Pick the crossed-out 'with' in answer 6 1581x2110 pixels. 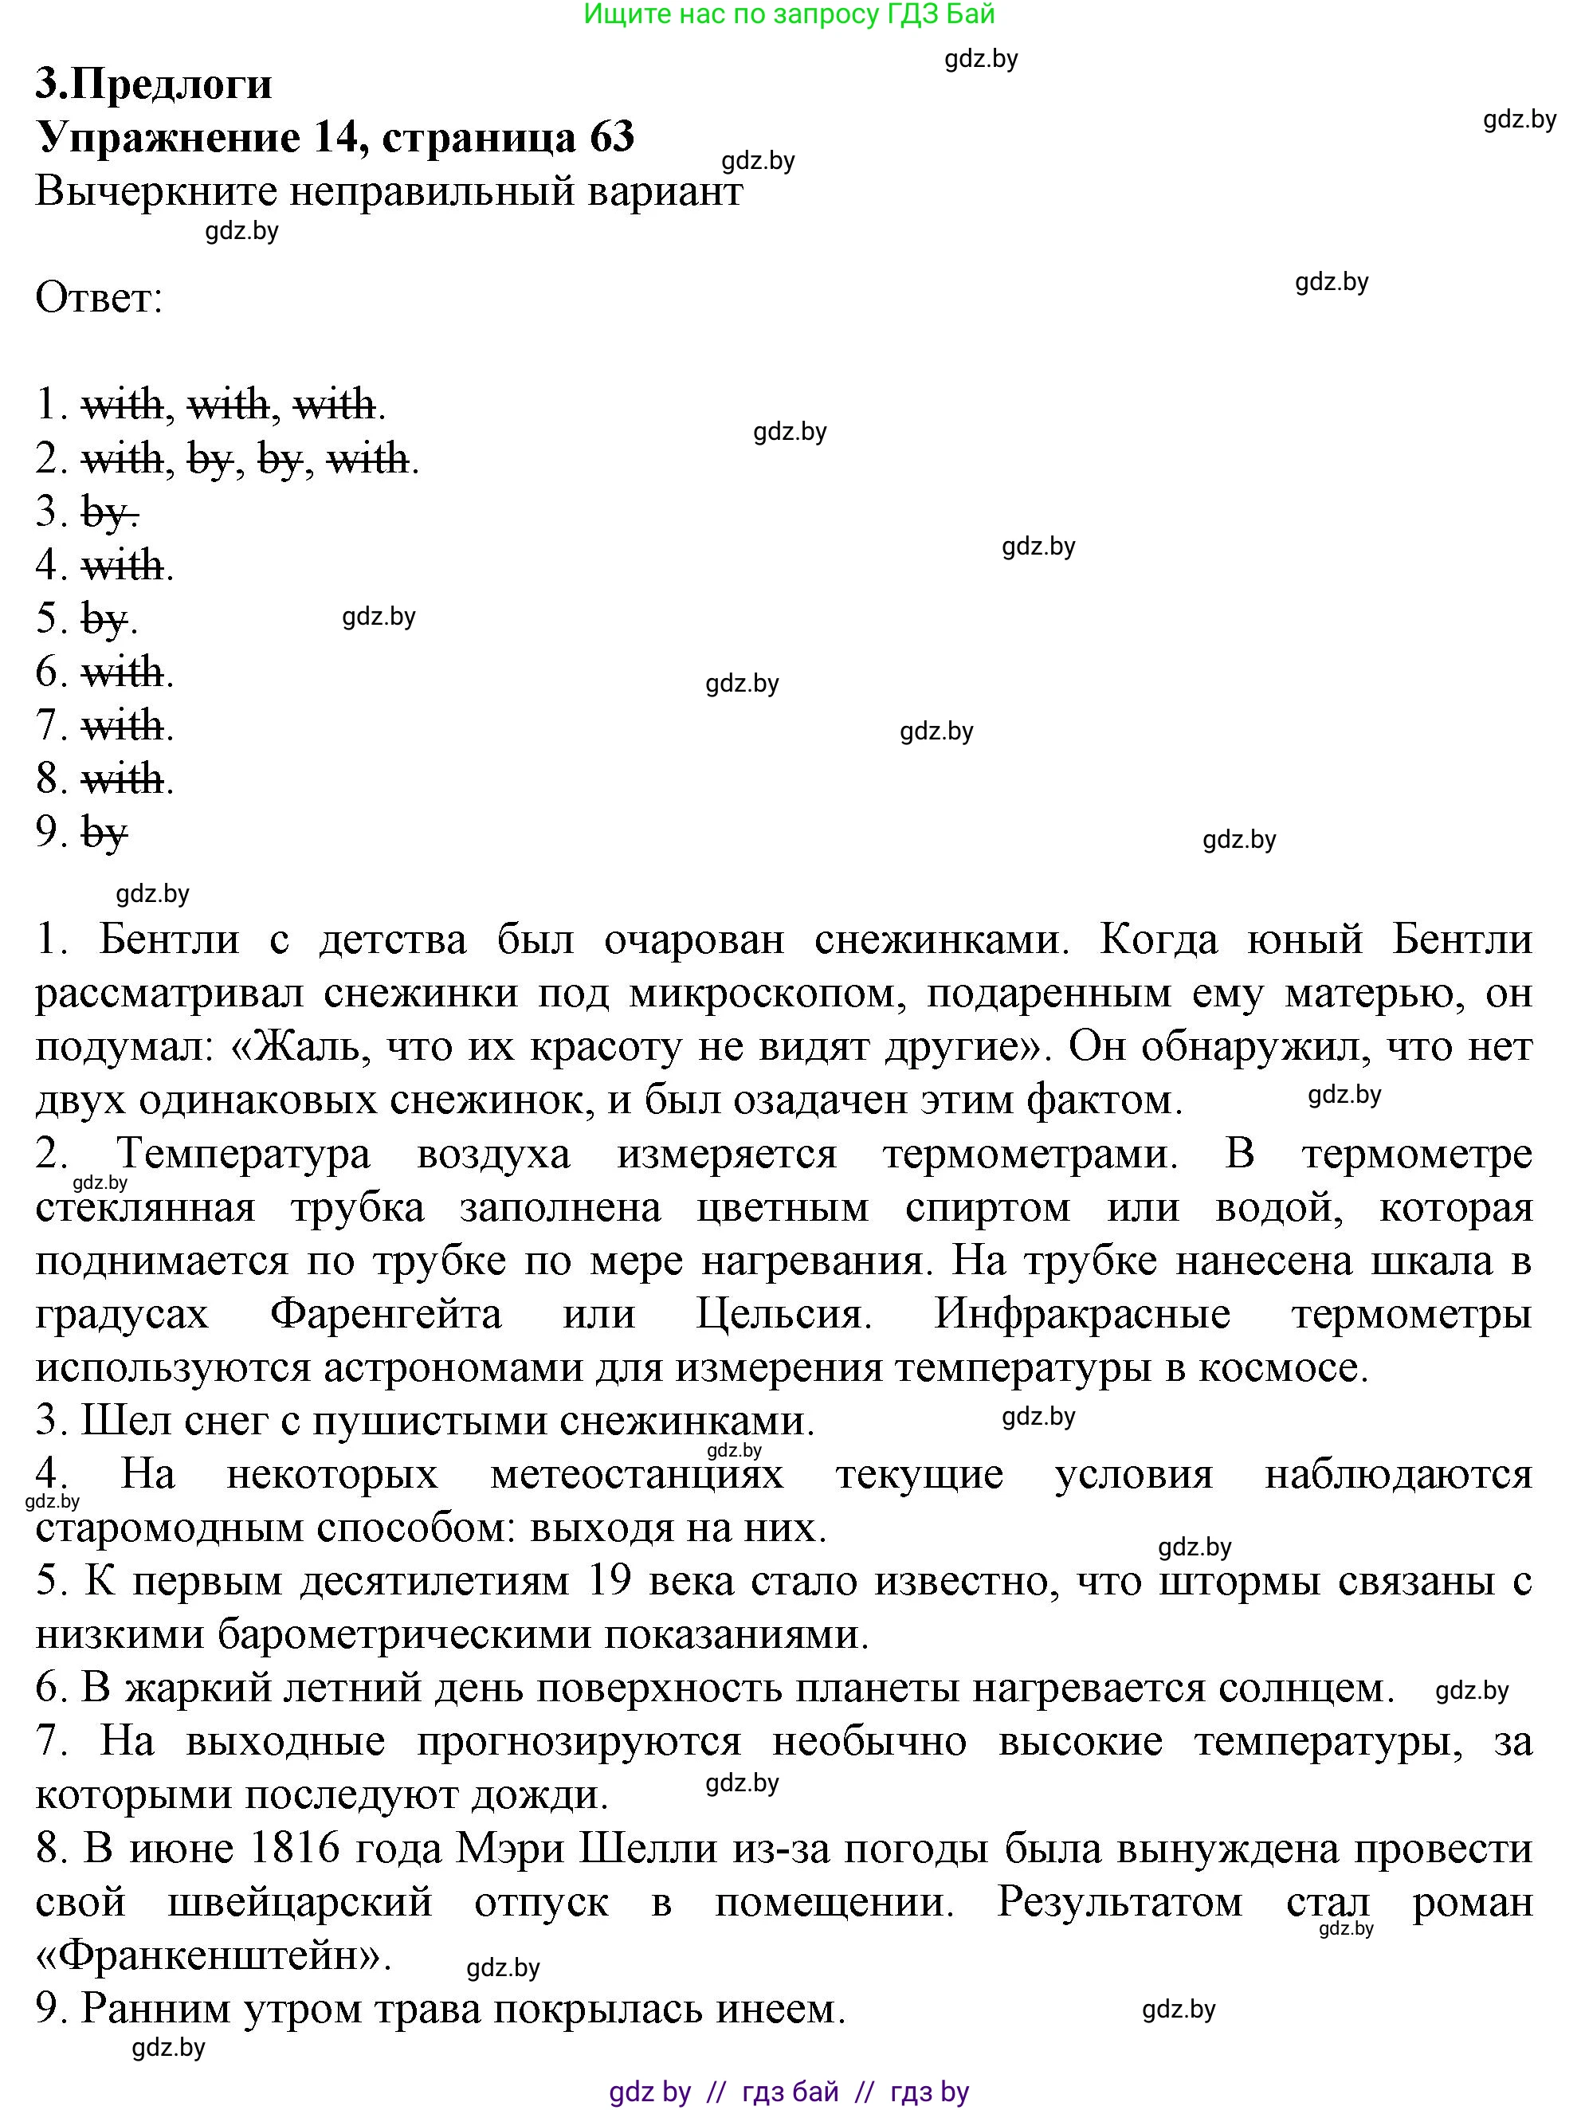click(x=122, y=673)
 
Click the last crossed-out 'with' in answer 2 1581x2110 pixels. click(x=367, y=460)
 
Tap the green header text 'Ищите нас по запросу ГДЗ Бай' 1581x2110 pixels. click(x=788, y=14)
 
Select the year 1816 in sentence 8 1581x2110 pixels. click(x=293, y=1849)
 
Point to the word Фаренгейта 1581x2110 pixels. click(x=386, y=1315)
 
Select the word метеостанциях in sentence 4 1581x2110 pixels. click(x=637, y=1475)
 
